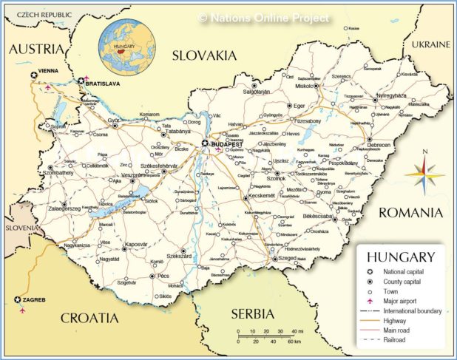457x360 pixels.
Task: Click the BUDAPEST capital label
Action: (226, 145)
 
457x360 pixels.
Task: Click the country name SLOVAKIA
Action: (203, 55)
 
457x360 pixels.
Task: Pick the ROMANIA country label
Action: (410, 213)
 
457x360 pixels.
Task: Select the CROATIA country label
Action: (89, 318)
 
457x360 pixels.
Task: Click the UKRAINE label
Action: (430, 44)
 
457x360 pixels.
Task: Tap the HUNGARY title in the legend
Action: (400, 257)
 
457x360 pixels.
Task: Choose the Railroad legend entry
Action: (395, 340)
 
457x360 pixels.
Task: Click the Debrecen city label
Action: (380, 145)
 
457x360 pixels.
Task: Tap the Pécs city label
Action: (164, 276)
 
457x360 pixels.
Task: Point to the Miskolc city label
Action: (304, 86)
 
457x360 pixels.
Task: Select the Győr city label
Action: (113, 120)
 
